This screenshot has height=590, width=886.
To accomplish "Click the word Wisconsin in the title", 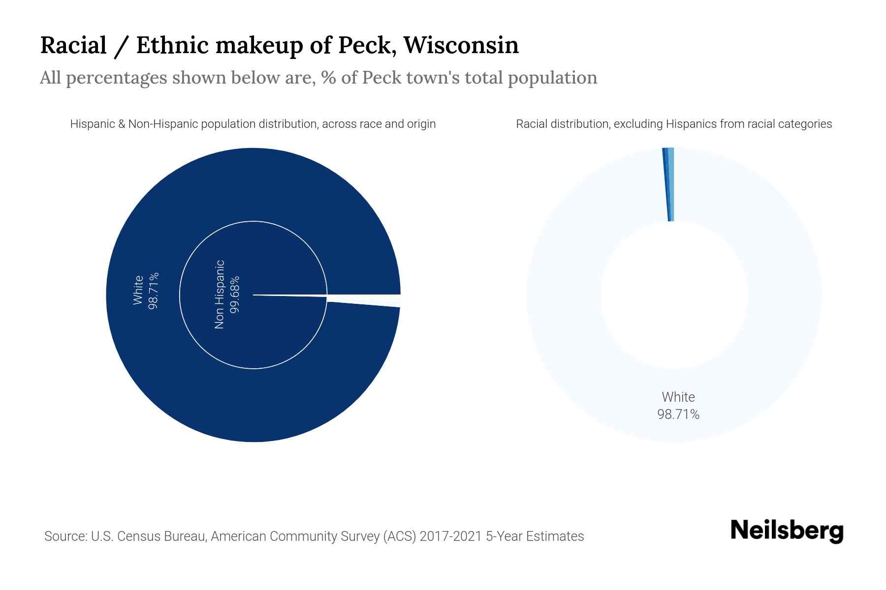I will coord(461,45).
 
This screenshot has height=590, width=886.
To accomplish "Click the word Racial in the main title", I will coord(73,45).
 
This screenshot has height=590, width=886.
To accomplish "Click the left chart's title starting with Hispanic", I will coord(253,124).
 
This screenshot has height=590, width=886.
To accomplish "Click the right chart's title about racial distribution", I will coord(673,124).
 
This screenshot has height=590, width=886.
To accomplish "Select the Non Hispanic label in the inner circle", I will coord(220,294).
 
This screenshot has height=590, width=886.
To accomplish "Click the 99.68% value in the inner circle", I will coord(235,294).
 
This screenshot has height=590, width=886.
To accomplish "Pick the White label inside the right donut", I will coord(678,397).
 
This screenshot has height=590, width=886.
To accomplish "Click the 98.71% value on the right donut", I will coord(678,414).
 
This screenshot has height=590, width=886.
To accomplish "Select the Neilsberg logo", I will coord(787,531).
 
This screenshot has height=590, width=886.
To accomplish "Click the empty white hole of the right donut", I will coord(673,295).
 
